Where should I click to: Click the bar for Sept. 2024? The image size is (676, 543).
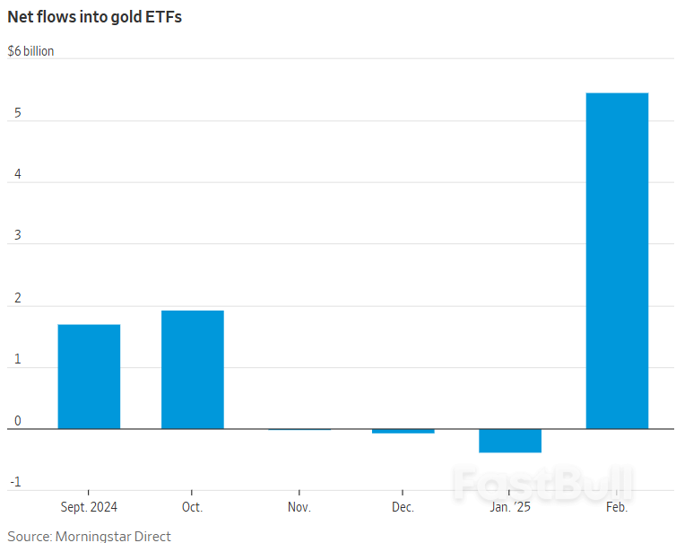pos(89,376)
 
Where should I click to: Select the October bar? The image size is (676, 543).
pos(193,370)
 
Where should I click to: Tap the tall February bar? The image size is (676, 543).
pos(617,260)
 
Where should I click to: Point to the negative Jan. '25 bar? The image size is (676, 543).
pos(510,441)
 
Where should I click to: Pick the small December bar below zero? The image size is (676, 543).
pos(403,431)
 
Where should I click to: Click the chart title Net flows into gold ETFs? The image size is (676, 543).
pos(95,17)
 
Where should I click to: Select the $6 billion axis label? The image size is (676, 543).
pos(30,51)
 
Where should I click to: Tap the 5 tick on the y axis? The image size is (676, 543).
pos(18,113)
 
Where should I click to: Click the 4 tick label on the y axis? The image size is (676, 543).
pos(18,174)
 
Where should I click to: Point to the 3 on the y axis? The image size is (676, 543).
pos(18,235)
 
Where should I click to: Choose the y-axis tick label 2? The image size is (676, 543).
pos(18,298)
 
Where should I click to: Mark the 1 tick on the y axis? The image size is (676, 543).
pos(18,359)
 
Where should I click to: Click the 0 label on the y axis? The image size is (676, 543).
pos(18,420)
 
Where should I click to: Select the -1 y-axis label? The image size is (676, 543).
pos(16,482)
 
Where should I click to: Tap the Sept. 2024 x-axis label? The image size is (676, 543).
pos(89,507)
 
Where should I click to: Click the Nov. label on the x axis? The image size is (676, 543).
pos(299,507)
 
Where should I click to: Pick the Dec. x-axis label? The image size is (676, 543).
pos(403,507)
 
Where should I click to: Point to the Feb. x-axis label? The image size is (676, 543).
pos(617,507)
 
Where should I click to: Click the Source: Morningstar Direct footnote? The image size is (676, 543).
pos(90,536)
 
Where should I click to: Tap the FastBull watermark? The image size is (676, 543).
pos(543,483)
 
